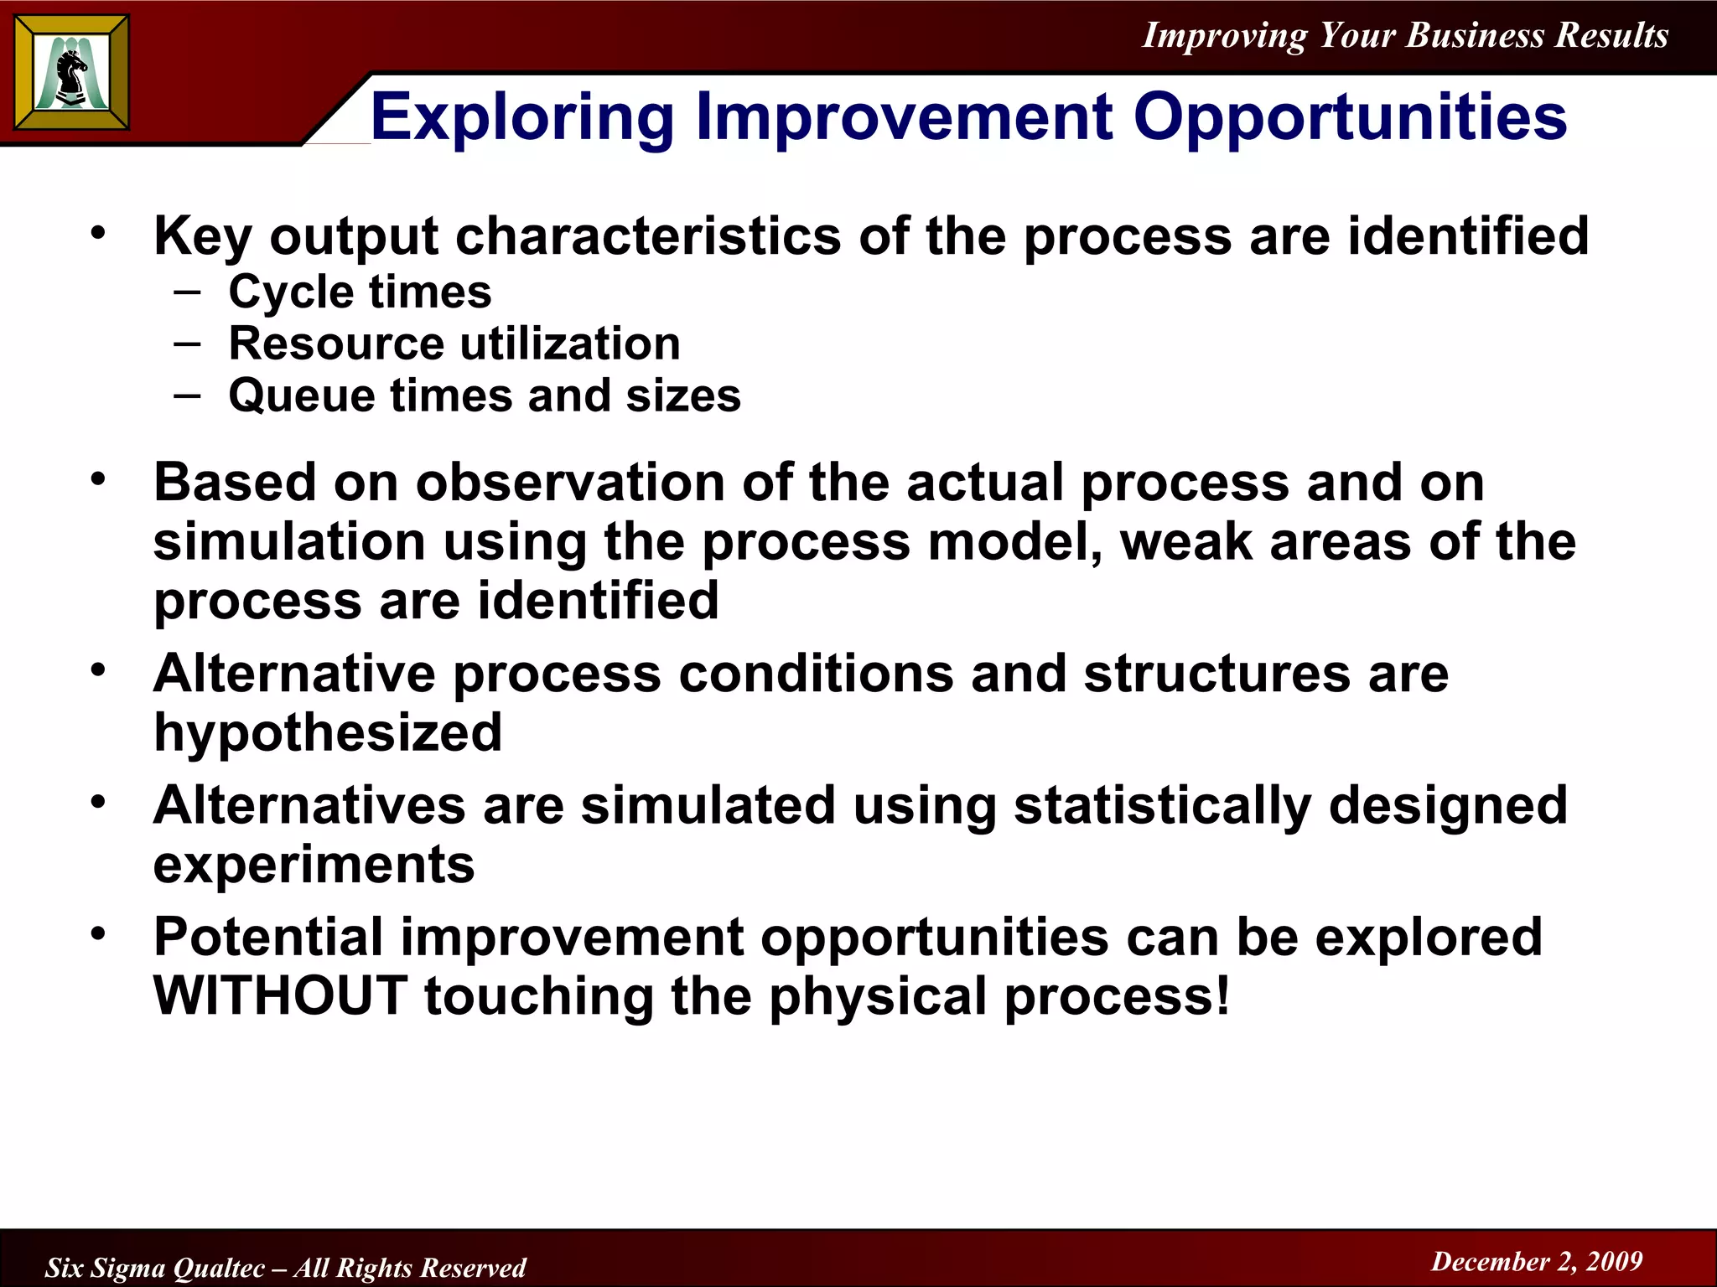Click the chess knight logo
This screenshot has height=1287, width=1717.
(x=72, y=73)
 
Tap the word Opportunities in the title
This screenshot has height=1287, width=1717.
(x=1350, y=117)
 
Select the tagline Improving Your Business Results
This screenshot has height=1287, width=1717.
(x=1405, y=35)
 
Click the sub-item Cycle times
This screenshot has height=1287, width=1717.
(x=360, y=292)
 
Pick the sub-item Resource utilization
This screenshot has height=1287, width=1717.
(x=454, y=344)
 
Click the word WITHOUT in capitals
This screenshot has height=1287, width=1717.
(x=281, y=995)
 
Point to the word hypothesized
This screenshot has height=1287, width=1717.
(x=328, y=732)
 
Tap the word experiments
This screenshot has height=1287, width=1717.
(x=314, y=865)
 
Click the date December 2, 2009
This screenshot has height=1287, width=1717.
(x=1537, y=1261)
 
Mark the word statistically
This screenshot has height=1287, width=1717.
(x=1162, y=805)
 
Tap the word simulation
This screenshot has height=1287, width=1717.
(x=289, y=541)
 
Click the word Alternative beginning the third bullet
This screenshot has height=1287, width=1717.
(x=294, y=674)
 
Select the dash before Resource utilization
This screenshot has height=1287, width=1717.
(x=188, y=344)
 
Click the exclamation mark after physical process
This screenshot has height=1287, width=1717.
(x=1222, y=995)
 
